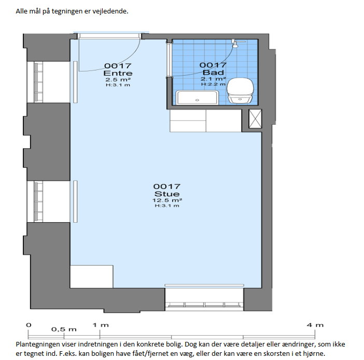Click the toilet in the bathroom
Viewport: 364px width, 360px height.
[240, 91]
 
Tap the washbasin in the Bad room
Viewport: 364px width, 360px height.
[197, 98]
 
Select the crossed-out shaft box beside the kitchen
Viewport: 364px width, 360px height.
[255, 119]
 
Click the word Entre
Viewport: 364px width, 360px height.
[118, 74]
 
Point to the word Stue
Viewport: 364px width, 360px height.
[167, 194]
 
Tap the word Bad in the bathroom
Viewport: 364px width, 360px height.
[213, 73]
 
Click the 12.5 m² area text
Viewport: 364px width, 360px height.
[167, 200]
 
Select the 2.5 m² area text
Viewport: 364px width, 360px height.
[118, 80]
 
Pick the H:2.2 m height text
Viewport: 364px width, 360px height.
[213, 84]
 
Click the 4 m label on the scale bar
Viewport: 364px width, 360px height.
[315, 325]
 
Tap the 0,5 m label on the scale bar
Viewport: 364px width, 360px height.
[64, 329]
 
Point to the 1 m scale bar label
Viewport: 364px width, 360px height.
[101, 325]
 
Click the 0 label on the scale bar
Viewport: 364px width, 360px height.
[29, 325]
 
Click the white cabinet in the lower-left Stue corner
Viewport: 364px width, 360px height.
[92, 277]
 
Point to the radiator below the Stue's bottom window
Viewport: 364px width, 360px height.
[204, 285]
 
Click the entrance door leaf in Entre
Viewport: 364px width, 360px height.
[79, 54]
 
